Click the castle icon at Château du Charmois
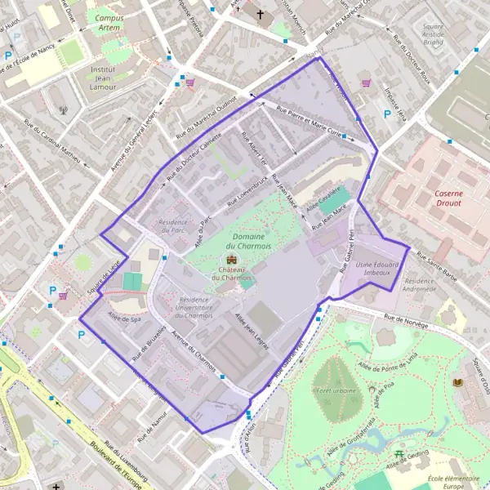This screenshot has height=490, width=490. point(229,261)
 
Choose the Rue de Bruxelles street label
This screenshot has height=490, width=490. point(150,344)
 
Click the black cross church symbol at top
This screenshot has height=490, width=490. point(261,14)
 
